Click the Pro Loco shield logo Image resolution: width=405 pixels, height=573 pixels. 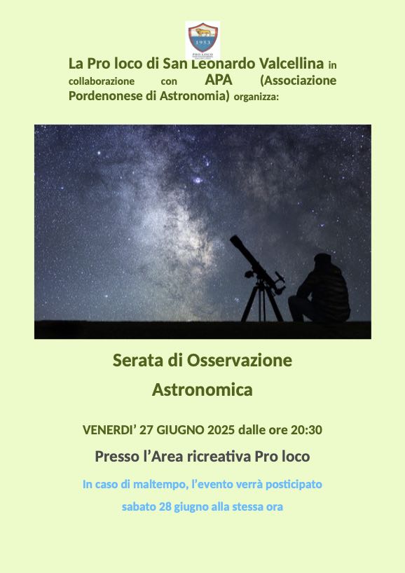tap(202, 39)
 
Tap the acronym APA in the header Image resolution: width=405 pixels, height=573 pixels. tap(219, 80)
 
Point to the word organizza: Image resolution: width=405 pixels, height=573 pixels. tap(256, 97)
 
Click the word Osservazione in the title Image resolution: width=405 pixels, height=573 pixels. tap(240, 360)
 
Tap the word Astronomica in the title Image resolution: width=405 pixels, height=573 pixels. tap(202, 389)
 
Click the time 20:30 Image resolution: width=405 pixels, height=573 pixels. tap(306, 430)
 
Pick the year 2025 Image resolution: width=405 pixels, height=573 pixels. tap(221, 430)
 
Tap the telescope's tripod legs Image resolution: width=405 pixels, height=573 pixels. tap(262, 303)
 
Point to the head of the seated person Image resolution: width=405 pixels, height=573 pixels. tap(322, 260)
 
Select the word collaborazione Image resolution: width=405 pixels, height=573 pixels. tap(102, 81)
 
